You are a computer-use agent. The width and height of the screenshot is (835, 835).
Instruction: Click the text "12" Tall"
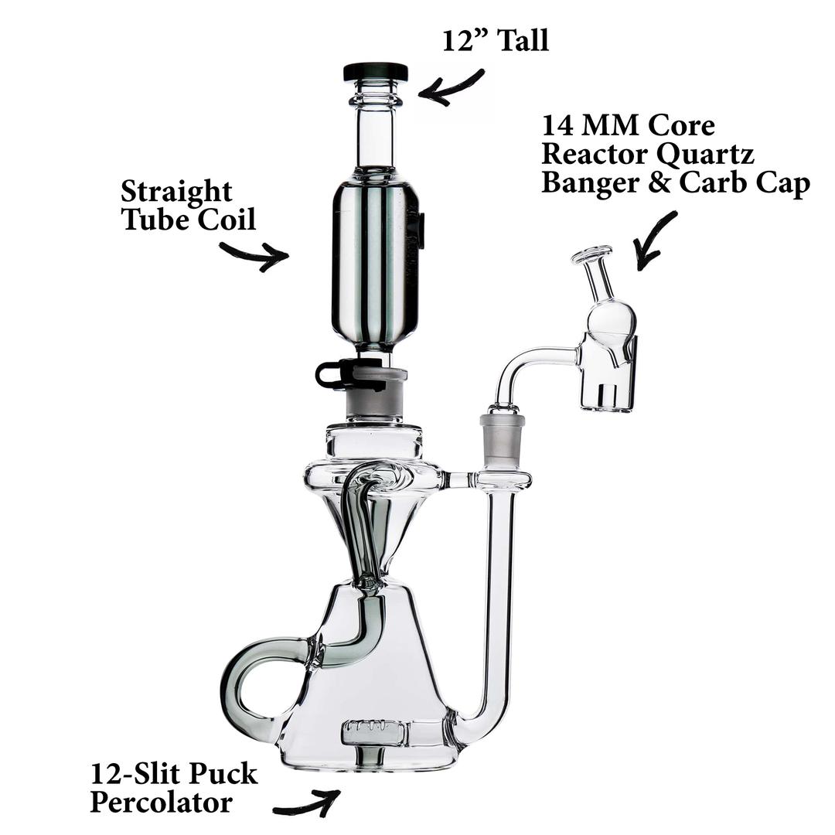point(496,40)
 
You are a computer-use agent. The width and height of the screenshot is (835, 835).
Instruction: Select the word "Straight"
point(176,192)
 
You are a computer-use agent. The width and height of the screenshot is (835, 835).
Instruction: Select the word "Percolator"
point(161,802)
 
